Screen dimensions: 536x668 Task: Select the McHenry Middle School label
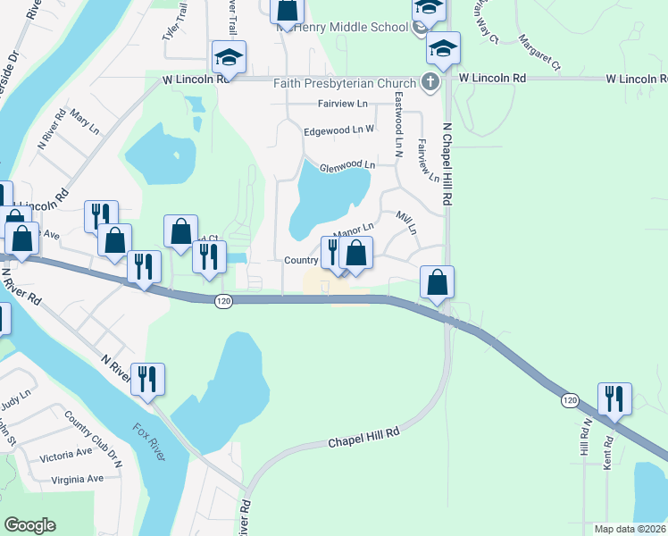(342, 27)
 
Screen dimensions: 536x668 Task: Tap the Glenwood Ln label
(347, 164)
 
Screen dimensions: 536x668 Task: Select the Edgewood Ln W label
(338, 130)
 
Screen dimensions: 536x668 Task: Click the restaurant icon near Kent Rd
(614, 398)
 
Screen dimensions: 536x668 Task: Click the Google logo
(30, 525)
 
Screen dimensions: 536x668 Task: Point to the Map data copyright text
(630, 529)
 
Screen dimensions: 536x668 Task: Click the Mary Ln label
(84, 123)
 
